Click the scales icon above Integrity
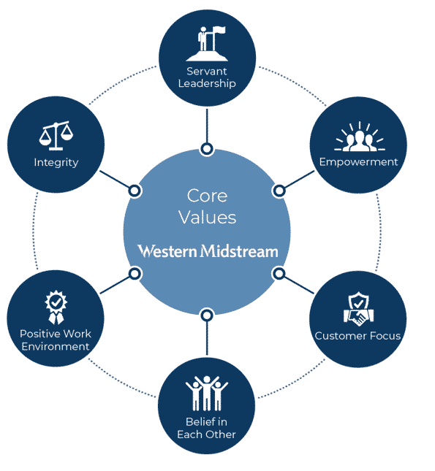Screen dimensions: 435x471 tap(56, 136)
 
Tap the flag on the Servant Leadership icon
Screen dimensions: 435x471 tap(219, 30)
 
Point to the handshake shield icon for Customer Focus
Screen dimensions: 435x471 tap(358, 309)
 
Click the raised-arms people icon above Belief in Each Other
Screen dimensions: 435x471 tap(207, 393)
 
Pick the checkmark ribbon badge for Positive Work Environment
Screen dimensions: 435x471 tap(56, 307)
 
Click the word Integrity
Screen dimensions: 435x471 tap(56, 163)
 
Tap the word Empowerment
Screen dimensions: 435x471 tap(358, 162)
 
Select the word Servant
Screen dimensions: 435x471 tap(207, 71)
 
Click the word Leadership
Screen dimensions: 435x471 tap(207, 83)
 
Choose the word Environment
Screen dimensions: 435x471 tap(56, 346)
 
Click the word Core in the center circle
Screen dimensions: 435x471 tap(207, 196)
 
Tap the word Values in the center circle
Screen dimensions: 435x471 tap(207, 217)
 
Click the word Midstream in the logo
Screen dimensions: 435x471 tap(240, 251)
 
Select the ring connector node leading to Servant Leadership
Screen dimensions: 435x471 tap(207, 149)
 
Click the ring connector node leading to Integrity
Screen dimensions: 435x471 tap(135, 191)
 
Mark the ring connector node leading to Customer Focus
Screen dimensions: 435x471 tap(279, 274)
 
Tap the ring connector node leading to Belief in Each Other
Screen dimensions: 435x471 tap(207, 315)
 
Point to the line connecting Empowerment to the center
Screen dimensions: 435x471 tap(299, 180)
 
